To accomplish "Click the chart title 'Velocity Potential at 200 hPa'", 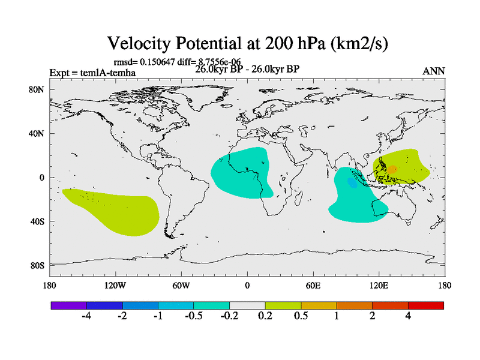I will (252, 43).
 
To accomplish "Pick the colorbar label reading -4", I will (86, 316).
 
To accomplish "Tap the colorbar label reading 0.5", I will (301, 316).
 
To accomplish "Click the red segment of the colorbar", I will (425, 305).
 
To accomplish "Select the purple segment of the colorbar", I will (68, 305).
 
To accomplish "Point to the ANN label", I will (433, 71).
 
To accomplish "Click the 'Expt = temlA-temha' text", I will (92, 73).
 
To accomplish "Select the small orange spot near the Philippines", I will (392, 170).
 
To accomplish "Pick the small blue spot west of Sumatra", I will (352, 183).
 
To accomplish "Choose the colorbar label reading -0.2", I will (229, 316).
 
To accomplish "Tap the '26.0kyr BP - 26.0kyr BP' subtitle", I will (247, 68).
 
